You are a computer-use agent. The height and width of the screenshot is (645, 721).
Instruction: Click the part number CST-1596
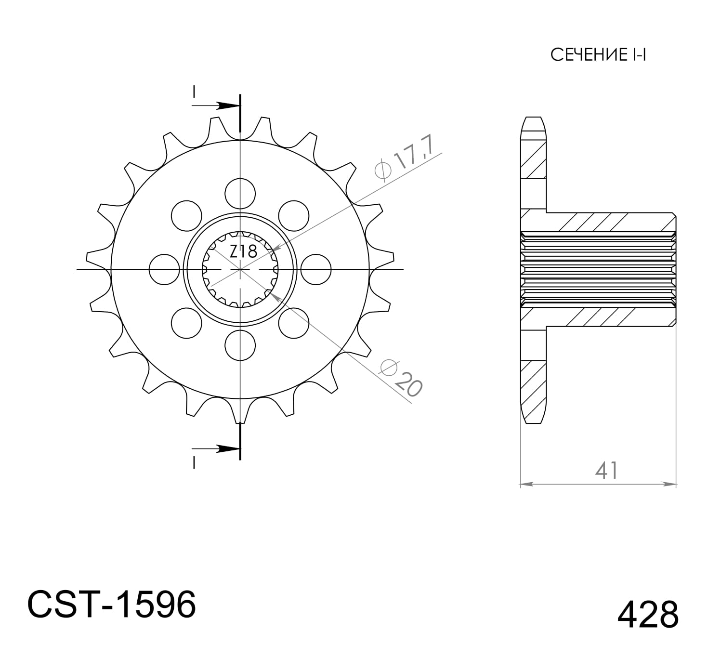click(x=112, y=605)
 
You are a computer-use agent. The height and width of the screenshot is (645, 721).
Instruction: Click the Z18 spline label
click(x=243, y=251)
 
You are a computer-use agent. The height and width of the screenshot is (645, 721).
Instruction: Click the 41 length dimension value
click(x=606, y=471)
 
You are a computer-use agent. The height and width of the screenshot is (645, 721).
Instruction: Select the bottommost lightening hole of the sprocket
click(x=240, y=346)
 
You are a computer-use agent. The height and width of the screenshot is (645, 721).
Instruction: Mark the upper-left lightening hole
click(x=186, y=215)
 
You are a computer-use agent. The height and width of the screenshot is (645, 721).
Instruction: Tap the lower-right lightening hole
click(x=293, y=323)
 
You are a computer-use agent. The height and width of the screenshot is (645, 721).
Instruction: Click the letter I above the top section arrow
click(x=194, y=92)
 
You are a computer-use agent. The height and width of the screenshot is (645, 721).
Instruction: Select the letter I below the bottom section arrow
click(x=194, y=463)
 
